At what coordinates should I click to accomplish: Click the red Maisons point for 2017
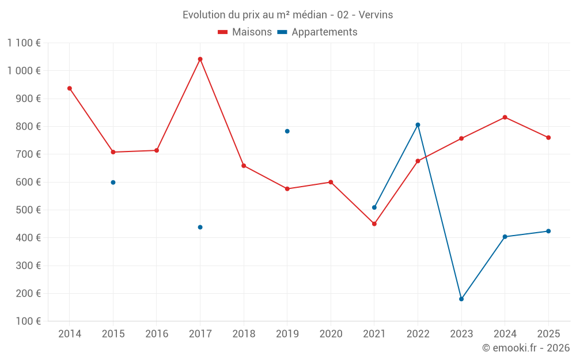click(x=200, y=59)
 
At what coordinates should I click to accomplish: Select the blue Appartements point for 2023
click(x=461, y=299)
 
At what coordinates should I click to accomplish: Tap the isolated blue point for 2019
click(x=287, y=131)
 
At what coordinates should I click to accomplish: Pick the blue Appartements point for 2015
click(x=113, y=182)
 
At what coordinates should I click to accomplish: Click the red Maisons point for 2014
click(x=70, y=88)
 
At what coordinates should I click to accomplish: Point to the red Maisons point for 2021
click(x=374, y=223)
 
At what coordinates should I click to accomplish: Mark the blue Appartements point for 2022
click(x=418, y=124)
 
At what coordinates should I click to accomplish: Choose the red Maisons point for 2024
click(x=505, y=117)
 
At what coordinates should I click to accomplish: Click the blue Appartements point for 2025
click(x=548, y=231)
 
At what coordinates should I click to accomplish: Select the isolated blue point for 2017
click(x=200, y=227)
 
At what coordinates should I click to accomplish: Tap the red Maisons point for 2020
click(x=331, y=182)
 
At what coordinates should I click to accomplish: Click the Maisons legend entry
click(x=245, y=32)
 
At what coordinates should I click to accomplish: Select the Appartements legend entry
click(x=317, y=32)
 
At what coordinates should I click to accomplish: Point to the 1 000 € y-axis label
click(x=24, y=71)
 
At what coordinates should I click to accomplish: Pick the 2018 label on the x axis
click(x=244, y=334)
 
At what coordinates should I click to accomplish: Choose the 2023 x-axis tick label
click(x=461, y=334)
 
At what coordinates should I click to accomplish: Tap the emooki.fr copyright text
click(x=526, y=348)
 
